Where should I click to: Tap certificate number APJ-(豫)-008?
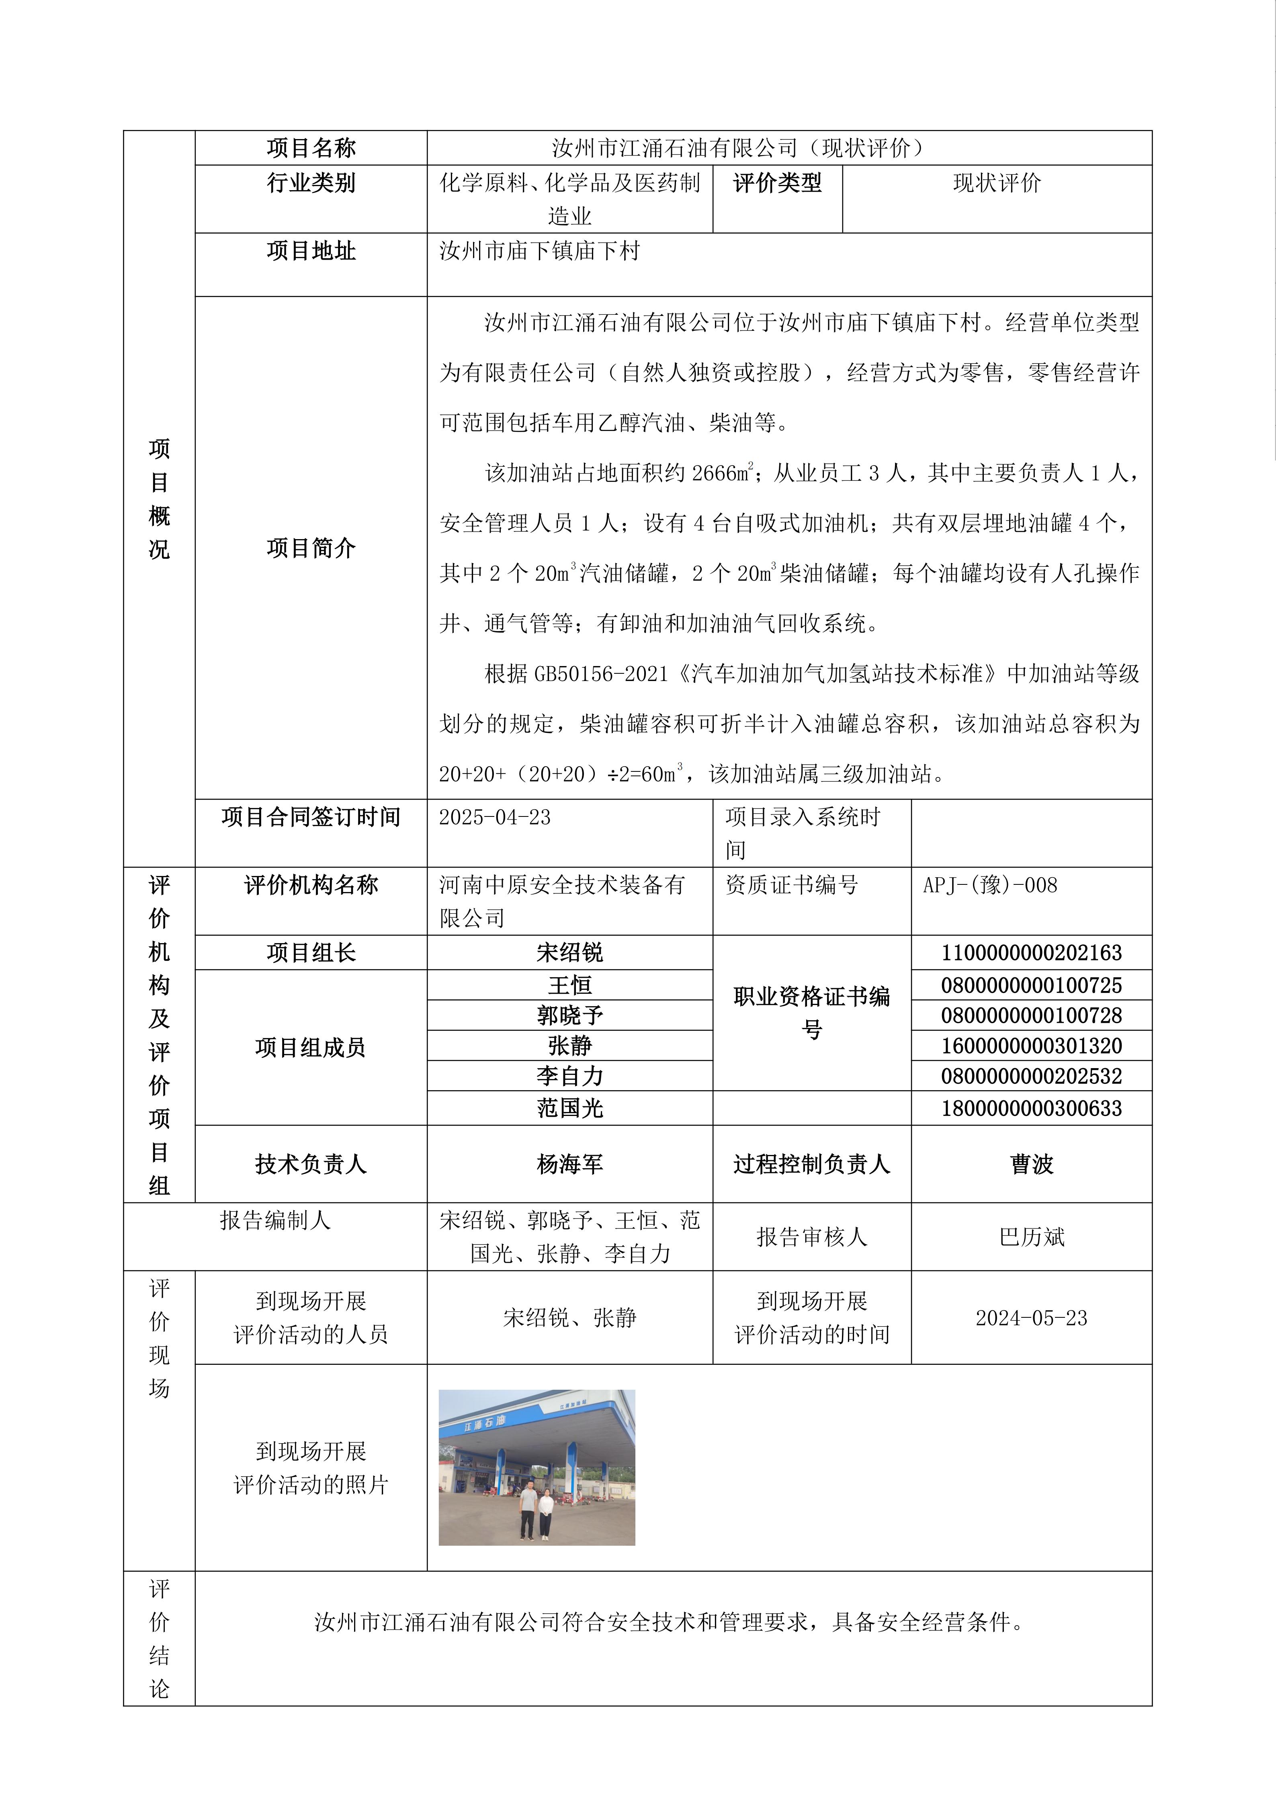click(990, 885)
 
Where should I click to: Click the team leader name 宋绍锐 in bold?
click(569, 953)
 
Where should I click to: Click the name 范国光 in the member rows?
click(569, 1108)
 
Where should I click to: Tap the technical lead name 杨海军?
click(569, 1164)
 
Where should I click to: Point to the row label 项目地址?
click(311, 251)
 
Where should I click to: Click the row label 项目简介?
click(311, 548)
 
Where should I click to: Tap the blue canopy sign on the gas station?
click(485, 1423)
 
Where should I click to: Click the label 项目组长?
click(311, 953)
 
